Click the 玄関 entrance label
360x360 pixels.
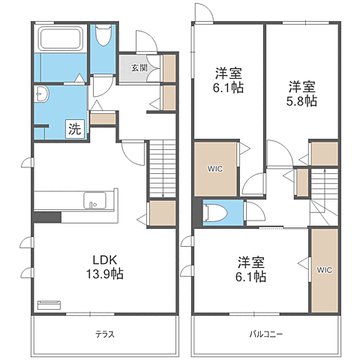(x=139, y=67)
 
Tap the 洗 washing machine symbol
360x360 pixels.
(x=75, y=129)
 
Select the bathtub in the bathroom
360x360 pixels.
(x=61, y=38)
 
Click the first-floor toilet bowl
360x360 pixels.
(x=103, y=35)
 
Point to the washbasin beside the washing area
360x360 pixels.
(x=41, y=94)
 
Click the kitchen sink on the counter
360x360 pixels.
(x=94, y=200)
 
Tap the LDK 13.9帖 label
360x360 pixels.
(x=105, y=267)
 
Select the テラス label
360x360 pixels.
(x=105, y=334)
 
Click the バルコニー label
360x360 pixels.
(x=266, y=334)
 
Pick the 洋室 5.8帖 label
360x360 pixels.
(x=301, y=94)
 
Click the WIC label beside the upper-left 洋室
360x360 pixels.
(x=215, y=169)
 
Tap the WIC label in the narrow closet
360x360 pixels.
(x=325, y=270)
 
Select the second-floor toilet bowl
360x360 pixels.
(x=215, y=213)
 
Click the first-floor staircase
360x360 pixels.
(x=163, y=169)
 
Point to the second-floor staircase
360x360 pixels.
(x=324, y=197)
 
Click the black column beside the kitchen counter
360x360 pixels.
(x=47, y=217)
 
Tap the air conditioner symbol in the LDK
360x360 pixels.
(x=49, y=305)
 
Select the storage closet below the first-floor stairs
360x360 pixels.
(x=163, y=213)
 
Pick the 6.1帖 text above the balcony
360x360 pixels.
(x=250, y=277)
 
